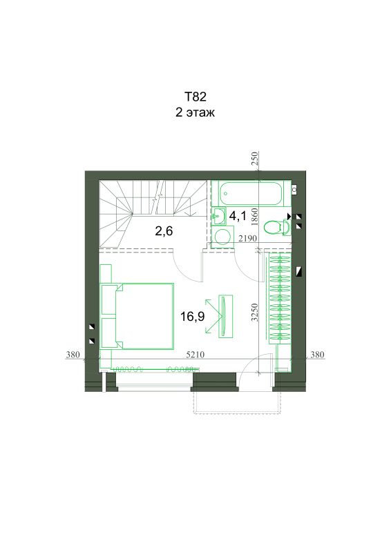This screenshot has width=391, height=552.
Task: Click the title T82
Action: click(195, 97)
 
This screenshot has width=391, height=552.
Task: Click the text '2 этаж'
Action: click(195, 112)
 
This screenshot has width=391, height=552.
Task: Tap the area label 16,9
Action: click(192, 316)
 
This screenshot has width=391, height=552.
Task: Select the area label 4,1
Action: click(238, 215)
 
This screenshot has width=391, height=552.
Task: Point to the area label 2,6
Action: click(164, 231)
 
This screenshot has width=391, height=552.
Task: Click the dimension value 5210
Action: click(195, 355)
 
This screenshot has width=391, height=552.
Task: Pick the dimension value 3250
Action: click(254, 313)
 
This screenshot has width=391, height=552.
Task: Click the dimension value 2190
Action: click(247, 238)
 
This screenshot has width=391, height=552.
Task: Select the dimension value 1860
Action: click(254, 217)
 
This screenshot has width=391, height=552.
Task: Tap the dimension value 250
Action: click(254, 159)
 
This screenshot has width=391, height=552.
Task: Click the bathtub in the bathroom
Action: click(251, 193)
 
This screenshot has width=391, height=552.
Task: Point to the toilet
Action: click(277, 227)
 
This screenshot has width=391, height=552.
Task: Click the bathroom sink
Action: click(219, 216)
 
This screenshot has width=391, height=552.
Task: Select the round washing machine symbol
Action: click(222, 237)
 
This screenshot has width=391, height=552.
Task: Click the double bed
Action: click(137, 316)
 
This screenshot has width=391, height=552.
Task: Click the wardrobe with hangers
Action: click(280, 298)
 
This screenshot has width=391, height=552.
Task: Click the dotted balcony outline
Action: click(237, 413)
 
